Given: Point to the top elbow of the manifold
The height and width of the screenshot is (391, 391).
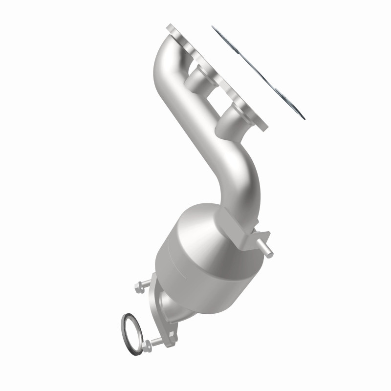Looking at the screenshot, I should point(166,54).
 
